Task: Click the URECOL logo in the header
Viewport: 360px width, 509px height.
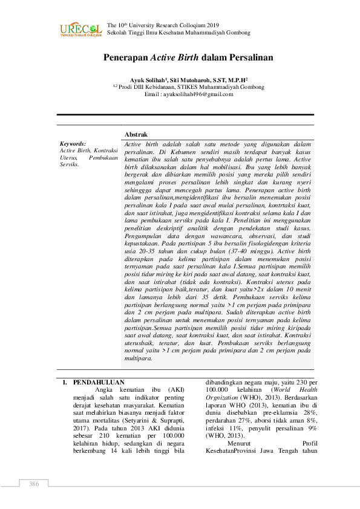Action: click(x=80, y=29)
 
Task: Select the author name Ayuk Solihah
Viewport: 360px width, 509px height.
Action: click(x=149, y=80)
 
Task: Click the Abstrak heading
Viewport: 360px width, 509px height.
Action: click(x=136, y=134)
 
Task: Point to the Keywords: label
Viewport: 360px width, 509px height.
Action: click(x=73, y=144)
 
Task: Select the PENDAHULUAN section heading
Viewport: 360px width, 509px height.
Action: click(x=99, y=383)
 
